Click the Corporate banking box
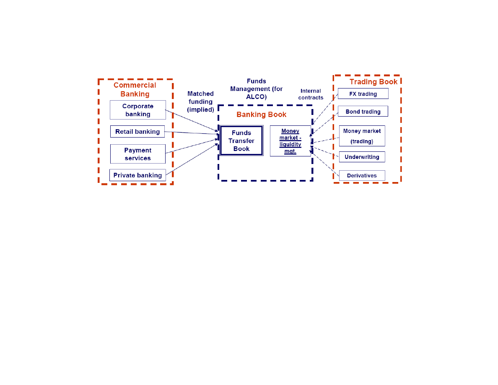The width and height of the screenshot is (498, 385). (x=137, y=110)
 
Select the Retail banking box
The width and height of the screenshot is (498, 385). (x=137, y=132)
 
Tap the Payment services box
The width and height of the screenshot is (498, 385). (x=137, y=154)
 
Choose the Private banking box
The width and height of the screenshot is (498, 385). (x=137, y=175)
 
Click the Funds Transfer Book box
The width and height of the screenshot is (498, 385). (x=241, y=141)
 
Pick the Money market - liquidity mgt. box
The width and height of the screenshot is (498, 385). (x=290, y=141)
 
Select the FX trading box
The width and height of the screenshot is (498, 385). (x=363, y=94)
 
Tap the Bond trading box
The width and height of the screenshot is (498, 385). (x=363, y=112)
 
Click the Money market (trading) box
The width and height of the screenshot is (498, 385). (x=362, y=136)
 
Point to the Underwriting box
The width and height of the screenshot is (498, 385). (x=362, y=157)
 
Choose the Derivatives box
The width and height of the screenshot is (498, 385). (x=362, y=175)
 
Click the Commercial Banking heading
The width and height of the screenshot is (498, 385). (x=135, y=90)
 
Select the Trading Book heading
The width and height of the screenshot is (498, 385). (x=373, y=82)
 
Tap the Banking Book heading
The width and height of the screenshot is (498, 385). (x=262, y=114)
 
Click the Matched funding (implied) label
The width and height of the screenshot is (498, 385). (x=200, y=101)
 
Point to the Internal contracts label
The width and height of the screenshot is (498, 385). (x=311, y=94)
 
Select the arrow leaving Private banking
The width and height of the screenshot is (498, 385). (x=192, y=159)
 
